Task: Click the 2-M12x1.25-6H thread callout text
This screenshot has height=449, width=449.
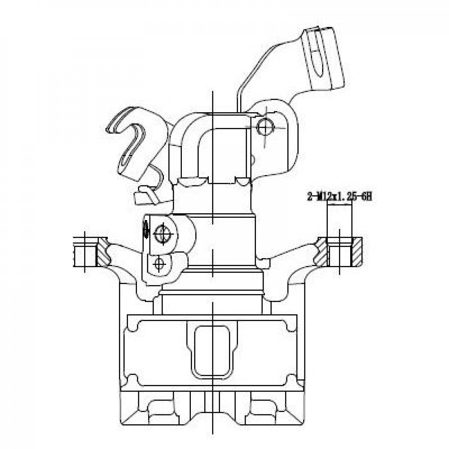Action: [x=339, y=197]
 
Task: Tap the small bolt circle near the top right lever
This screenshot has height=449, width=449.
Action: [x=265, y=127]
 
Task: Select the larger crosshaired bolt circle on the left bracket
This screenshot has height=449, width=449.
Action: [x=163, y=234]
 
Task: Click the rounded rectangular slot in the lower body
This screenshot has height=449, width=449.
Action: [x=212, y=352]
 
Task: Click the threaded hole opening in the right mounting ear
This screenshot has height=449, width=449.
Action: [x=339, y=253]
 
